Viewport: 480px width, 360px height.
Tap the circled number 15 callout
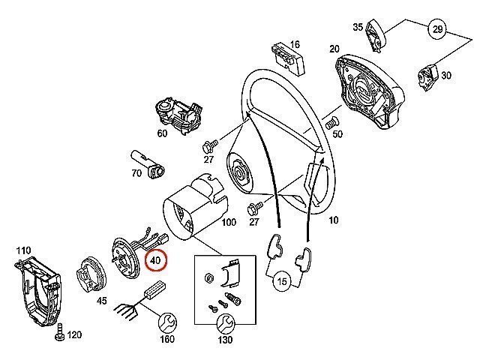pyautogui.click(x=282, y=282)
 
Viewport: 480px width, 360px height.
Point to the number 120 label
pyautogui.click(x=74, y=335)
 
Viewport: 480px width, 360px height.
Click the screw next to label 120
pyautogui.click(x=58, y=332)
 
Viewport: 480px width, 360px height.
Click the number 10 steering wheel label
pyautogui.click(x=333, y=220)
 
